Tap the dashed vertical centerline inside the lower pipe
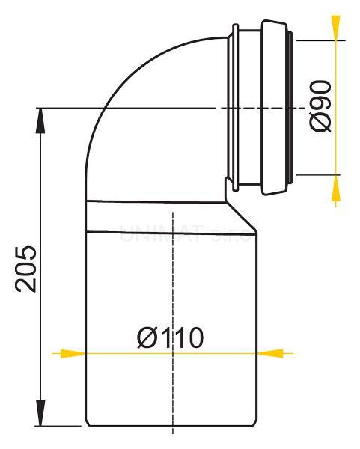coord(173,284)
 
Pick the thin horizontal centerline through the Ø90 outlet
coord(187,109)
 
